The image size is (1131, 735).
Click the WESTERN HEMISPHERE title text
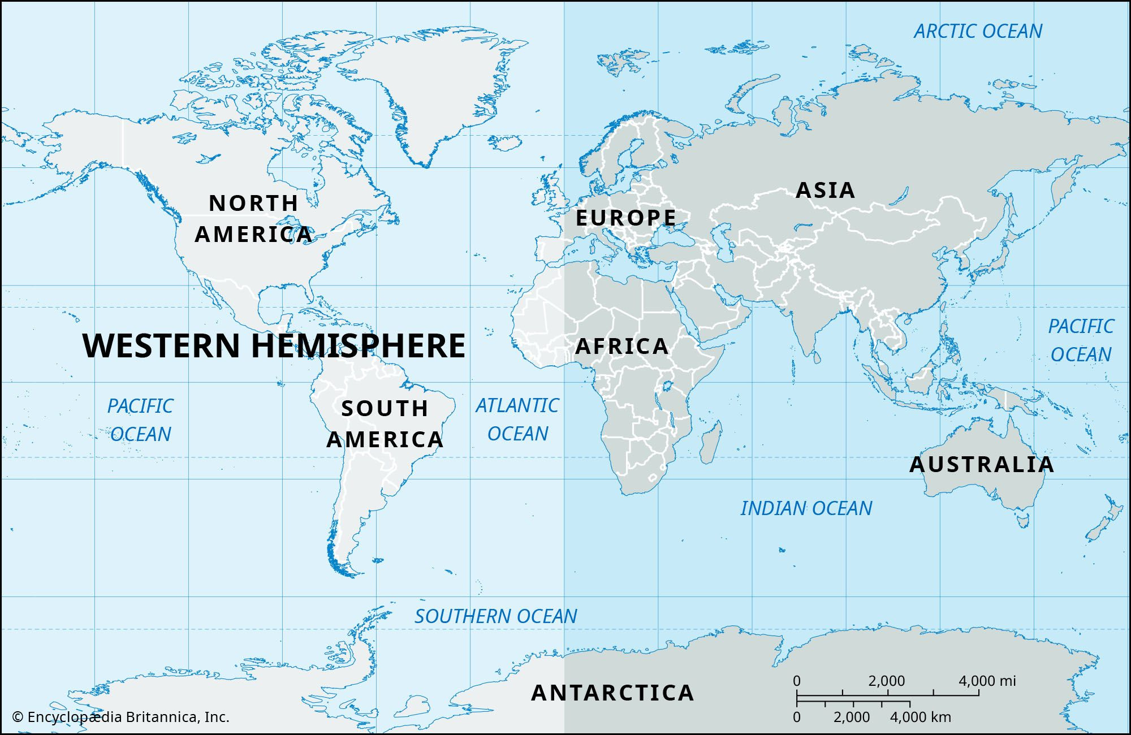point(274,345)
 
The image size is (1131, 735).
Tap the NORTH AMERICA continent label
point(253,219)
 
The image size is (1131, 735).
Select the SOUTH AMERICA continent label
point(385,424)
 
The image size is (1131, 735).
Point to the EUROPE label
point(625,218)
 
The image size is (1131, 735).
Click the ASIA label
point(825,190)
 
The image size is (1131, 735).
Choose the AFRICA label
point(621,346)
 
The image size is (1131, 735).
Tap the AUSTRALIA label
point(982,464)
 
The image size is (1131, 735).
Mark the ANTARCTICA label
point(612,693)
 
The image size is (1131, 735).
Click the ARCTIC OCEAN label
point(978,31)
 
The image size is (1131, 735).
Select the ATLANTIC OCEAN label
point(517,419)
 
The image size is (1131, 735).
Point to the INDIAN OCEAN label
point(806,508)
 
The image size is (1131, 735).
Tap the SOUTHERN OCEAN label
point(495,616)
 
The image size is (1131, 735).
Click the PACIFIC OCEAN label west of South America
point(140,420)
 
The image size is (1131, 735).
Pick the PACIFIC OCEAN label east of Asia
point(1081,340)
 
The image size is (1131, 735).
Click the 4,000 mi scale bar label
point(987,681)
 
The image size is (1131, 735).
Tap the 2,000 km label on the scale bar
point(852,717)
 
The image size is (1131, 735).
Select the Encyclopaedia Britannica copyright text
point(120,717)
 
